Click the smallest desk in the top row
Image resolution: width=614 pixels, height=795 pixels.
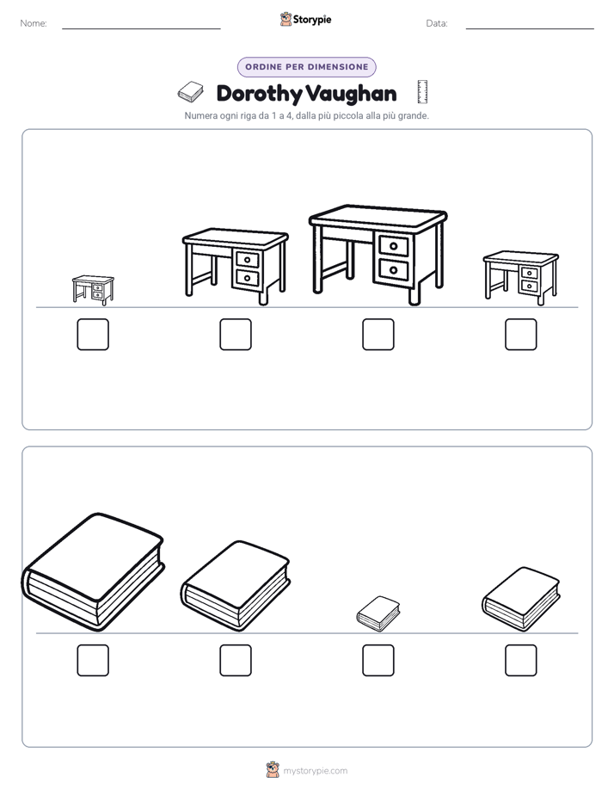tap(93, 290)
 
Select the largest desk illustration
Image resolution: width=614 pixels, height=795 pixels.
tap(378, 255)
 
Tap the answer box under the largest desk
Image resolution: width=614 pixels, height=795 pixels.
tap(378, 334)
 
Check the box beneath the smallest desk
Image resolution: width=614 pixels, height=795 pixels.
tap(93, 334)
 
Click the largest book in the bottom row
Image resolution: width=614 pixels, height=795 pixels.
tap(93, 572)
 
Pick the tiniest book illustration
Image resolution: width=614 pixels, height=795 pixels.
tap(378, 613)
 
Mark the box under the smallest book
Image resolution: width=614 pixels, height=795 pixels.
tap(378, 660)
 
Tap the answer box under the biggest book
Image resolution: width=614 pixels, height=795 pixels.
tap(93, 660)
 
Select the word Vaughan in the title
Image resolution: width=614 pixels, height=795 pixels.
tap(352, 94)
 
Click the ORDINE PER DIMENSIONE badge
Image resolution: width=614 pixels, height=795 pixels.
tap(306, 67)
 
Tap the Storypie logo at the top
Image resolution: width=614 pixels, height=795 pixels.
tap(305, 19)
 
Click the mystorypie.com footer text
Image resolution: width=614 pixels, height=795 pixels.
tap(315, 771)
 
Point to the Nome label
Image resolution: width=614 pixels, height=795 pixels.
tap(34, 23)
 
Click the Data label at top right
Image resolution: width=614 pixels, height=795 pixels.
tap(437, 23)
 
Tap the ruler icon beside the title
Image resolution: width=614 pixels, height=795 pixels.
tap(422, 92)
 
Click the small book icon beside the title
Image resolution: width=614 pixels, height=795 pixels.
tap(191, 92)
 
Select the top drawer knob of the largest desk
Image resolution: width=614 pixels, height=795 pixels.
tap(394, 247)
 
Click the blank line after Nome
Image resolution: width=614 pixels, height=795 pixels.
tap(141, 28)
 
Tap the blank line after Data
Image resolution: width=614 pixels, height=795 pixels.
tap(530, 28)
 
